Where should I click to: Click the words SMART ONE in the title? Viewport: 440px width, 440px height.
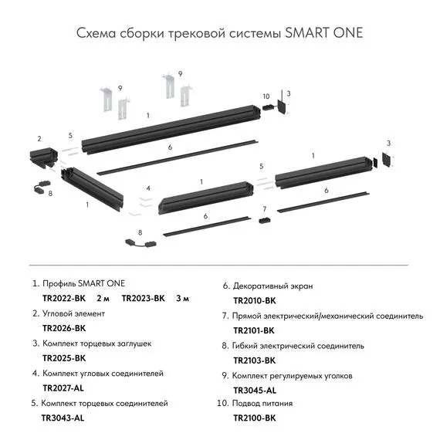click(x=323, y=34)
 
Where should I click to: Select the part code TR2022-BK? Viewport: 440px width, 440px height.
click(x=64, y=298)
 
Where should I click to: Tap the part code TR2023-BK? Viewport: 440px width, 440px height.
click(x=144, y=298)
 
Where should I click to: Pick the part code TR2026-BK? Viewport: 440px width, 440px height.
click(x=64, y=328)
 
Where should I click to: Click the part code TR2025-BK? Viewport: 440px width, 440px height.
click(x=64, y=358)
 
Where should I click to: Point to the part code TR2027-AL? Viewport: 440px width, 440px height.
click(x=63, y=388)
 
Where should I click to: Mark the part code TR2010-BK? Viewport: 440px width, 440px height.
click(x=254, y=300)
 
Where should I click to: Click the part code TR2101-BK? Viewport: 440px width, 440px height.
click(x=254, y=330)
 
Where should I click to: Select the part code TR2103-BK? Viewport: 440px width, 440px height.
click(x=254, y=360)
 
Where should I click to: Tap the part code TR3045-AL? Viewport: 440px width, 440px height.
click(x=254, y=390)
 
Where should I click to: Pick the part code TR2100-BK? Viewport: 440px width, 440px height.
click(x=254, y=418)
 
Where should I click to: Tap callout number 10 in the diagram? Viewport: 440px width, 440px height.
click(x=266, y=96)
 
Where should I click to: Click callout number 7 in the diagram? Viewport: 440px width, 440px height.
click(x=264, y=209)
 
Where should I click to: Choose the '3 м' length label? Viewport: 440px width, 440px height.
click(x=183, y=298)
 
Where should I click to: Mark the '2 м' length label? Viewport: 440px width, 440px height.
click(x=103, y=298)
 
